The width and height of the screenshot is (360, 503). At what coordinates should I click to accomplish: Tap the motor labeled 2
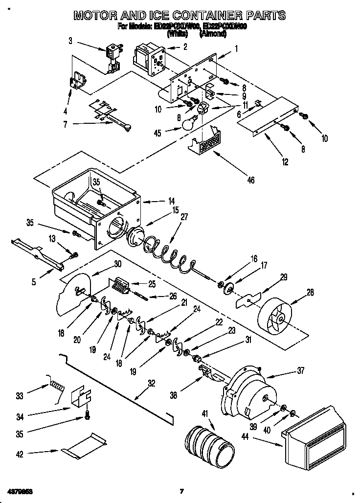tap(145, 58)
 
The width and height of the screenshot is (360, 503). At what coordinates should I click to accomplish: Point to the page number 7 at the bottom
tap(181, 491)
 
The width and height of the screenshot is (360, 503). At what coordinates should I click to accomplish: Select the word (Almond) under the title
tap(212, 34)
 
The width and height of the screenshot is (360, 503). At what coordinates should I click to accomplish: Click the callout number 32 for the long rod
tap(151, 384)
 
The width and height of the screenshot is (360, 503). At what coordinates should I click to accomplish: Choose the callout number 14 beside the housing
tap(171, 201)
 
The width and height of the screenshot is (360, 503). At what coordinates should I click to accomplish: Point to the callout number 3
tap(70, 41)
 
